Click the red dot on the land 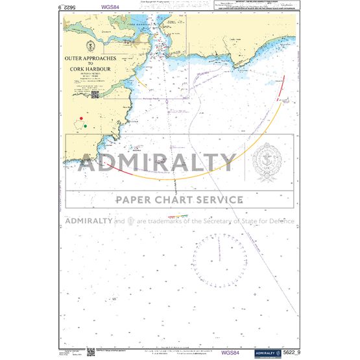[81, 118]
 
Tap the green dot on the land [85, 126]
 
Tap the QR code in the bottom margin [90, 352]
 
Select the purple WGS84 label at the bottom [230, 353]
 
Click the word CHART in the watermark [174, 200]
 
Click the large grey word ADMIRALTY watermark [158, 163]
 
